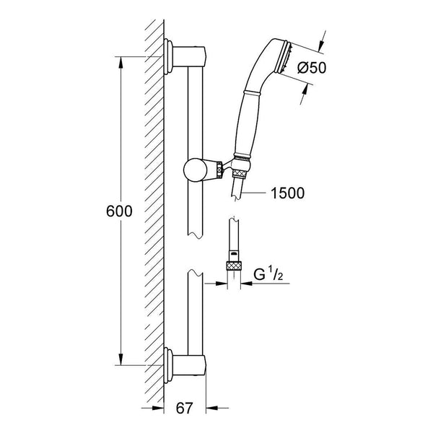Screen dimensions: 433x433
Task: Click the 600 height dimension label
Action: coord(119,211)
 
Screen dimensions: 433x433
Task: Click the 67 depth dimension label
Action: coord(185,408)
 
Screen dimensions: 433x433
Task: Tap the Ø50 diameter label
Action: coord(312,68)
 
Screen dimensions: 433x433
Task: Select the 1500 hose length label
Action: coord(287,193)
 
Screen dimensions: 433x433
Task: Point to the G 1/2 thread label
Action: coord(268,275)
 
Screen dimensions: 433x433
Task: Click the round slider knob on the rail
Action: coord(196,170)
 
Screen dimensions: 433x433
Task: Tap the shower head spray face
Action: coord(287,59)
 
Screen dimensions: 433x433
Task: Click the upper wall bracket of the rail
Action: coord(185,56)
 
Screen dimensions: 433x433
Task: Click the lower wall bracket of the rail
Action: coord(185,365)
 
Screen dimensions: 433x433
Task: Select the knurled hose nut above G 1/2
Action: coord(234,266)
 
